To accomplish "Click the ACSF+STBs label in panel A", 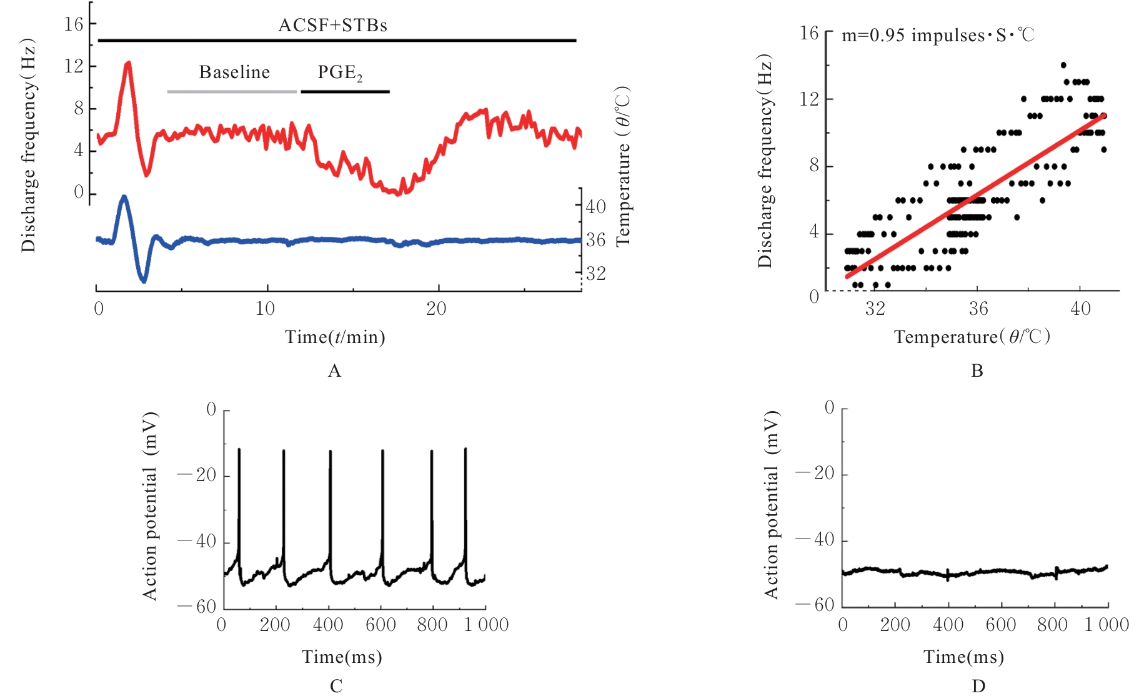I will point(332,26).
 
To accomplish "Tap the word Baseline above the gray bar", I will point(234,72).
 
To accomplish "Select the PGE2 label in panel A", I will point(340,73).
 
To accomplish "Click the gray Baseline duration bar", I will point(232,92).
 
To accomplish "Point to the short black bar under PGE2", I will point(345,92).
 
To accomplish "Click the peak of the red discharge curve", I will point(128,62).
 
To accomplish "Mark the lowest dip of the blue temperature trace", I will point(144,281).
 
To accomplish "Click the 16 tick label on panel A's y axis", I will point(73,24).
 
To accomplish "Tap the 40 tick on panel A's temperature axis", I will point(595,206).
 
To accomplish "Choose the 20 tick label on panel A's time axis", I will point(436,309).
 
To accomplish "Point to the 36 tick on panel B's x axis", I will point(978,309).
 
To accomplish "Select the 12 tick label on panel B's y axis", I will point(809,99).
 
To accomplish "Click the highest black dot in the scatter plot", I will point(1063,65).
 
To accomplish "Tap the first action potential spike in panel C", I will point(239,450).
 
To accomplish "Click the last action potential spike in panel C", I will point(465,449).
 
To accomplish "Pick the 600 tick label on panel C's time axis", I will point(381,625).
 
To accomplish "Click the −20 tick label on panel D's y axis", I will point(815,474).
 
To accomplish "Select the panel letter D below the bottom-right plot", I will point(978,687).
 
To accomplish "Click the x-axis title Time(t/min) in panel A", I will point(335,337).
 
